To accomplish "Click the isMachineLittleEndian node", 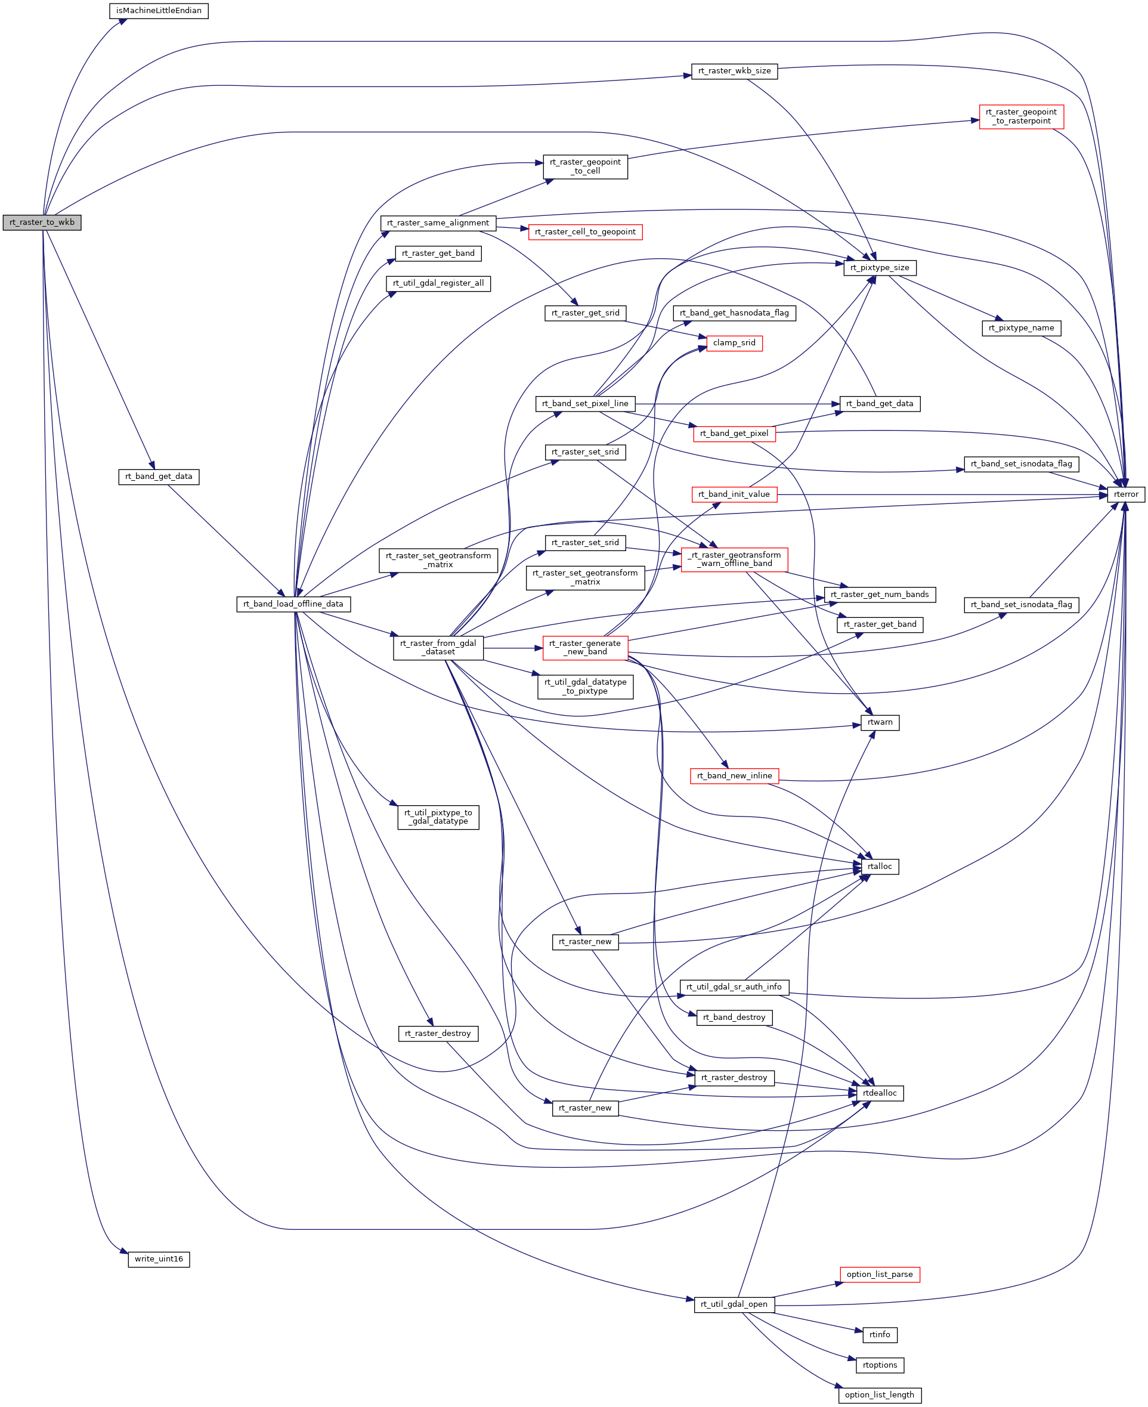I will click(x=159, y=11).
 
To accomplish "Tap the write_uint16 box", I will click(x=159, y=1260).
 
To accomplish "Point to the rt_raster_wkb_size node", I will click(x=734, y=72).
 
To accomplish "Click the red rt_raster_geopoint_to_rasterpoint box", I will click(x=1021, y=117).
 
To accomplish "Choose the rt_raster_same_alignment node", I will click(x=438, y=224).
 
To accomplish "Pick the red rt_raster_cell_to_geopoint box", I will click(x=584, y=233).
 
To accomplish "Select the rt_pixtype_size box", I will click(x=880, y=268).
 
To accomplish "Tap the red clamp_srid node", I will click(x=734, y=343).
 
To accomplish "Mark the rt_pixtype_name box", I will click(x=1021, y=329).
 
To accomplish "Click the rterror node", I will click(x=1125, y=494).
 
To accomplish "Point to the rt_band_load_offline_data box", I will click(x=293, y=604).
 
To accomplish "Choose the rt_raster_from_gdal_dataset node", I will click(x=438, y=648).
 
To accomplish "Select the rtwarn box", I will click(x=880, y=723).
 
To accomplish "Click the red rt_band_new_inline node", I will click(x=734, y=776).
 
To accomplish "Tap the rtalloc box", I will click(x=880, y=867).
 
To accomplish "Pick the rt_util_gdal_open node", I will click(x=734, y=1304).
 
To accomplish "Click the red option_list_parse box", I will click(x=880, y=1275).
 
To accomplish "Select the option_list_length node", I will click(x=880, y=1395).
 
